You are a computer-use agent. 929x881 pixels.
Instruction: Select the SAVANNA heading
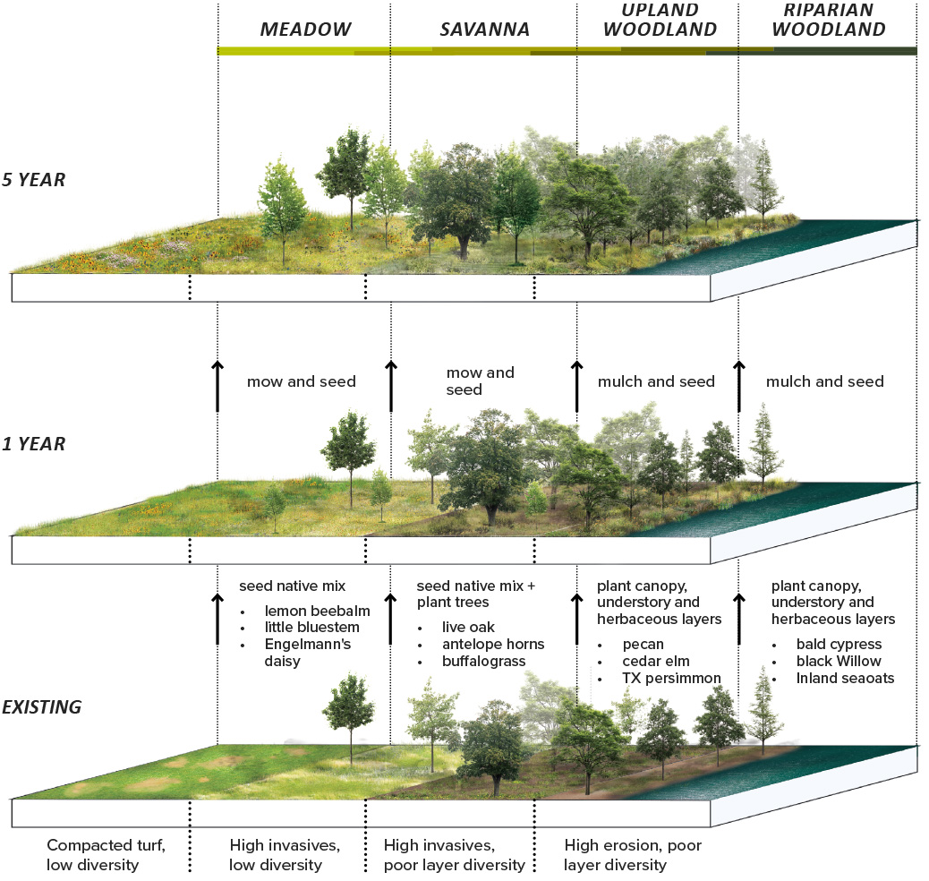pyautogui.click(x=484, y=30)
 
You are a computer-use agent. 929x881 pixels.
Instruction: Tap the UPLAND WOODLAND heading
pyautogui.click(x=660, y=20)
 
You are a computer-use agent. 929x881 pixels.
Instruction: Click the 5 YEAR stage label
pyautogui.click(x=33, y=180)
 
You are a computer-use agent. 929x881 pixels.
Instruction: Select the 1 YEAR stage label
pyautogui.click(x=33, y=444)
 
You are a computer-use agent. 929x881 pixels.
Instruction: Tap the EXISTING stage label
pyautogui.click(x=41, y=707)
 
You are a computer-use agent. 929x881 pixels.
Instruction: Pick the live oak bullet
pyautogui.click(x=468, y=627)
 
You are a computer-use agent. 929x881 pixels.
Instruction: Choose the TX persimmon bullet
pyautogui.click(x=672, y=678)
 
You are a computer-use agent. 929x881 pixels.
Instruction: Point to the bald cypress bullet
pyautogui.click(x=839, y=644)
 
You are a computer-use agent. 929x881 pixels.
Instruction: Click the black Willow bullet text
pyautogui.click(x=839, y=661)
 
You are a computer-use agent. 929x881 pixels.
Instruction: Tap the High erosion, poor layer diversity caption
pyautogui.click(x=633, y=854)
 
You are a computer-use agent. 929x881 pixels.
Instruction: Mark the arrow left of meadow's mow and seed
pyautogui.click(x=217, y=385)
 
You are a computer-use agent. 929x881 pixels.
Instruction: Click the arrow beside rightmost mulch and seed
pyautogui.click(x=739, y=385)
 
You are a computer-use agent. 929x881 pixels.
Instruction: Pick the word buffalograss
pyautogui.click(x=483, y=661)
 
